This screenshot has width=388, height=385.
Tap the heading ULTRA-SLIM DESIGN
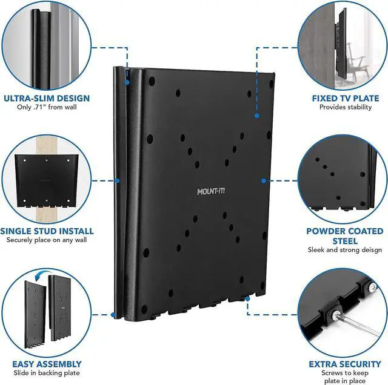click(47, 98)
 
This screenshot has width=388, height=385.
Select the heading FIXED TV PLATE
click(345, 98)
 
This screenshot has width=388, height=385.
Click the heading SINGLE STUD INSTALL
click(47, 231)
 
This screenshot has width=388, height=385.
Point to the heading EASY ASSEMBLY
click(47, 364)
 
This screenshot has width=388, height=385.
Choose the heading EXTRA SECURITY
click(345, 364)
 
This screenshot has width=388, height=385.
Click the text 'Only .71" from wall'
click(47, 108)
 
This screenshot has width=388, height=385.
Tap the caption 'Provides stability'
click(345, 108)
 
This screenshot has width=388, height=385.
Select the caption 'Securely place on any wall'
click(47, 240)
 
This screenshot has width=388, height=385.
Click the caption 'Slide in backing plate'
click(47, 373)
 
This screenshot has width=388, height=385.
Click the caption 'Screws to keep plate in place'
click(345, 378)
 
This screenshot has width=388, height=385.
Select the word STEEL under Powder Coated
click(345, 240)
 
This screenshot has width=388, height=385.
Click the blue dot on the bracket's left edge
click(117, 180)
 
